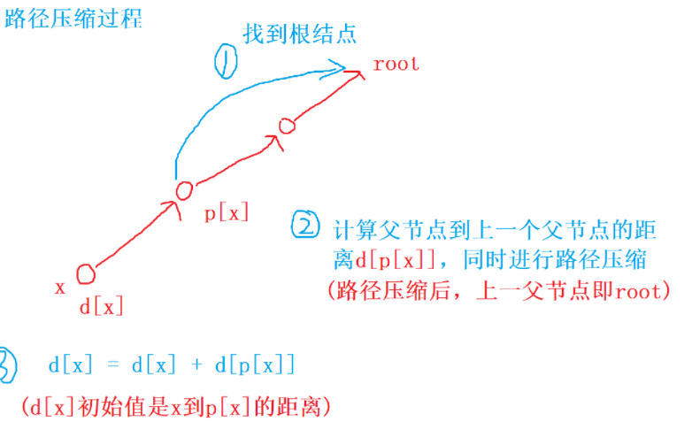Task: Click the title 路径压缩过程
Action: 73,19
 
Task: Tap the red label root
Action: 396,64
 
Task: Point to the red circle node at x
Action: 85,273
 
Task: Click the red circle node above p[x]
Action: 184,189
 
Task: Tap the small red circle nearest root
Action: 286,126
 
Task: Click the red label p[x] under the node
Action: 227,213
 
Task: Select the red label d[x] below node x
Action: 102,307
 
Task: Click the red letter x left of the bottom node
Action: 60,288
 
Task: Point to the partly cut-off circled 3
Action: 6,364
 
